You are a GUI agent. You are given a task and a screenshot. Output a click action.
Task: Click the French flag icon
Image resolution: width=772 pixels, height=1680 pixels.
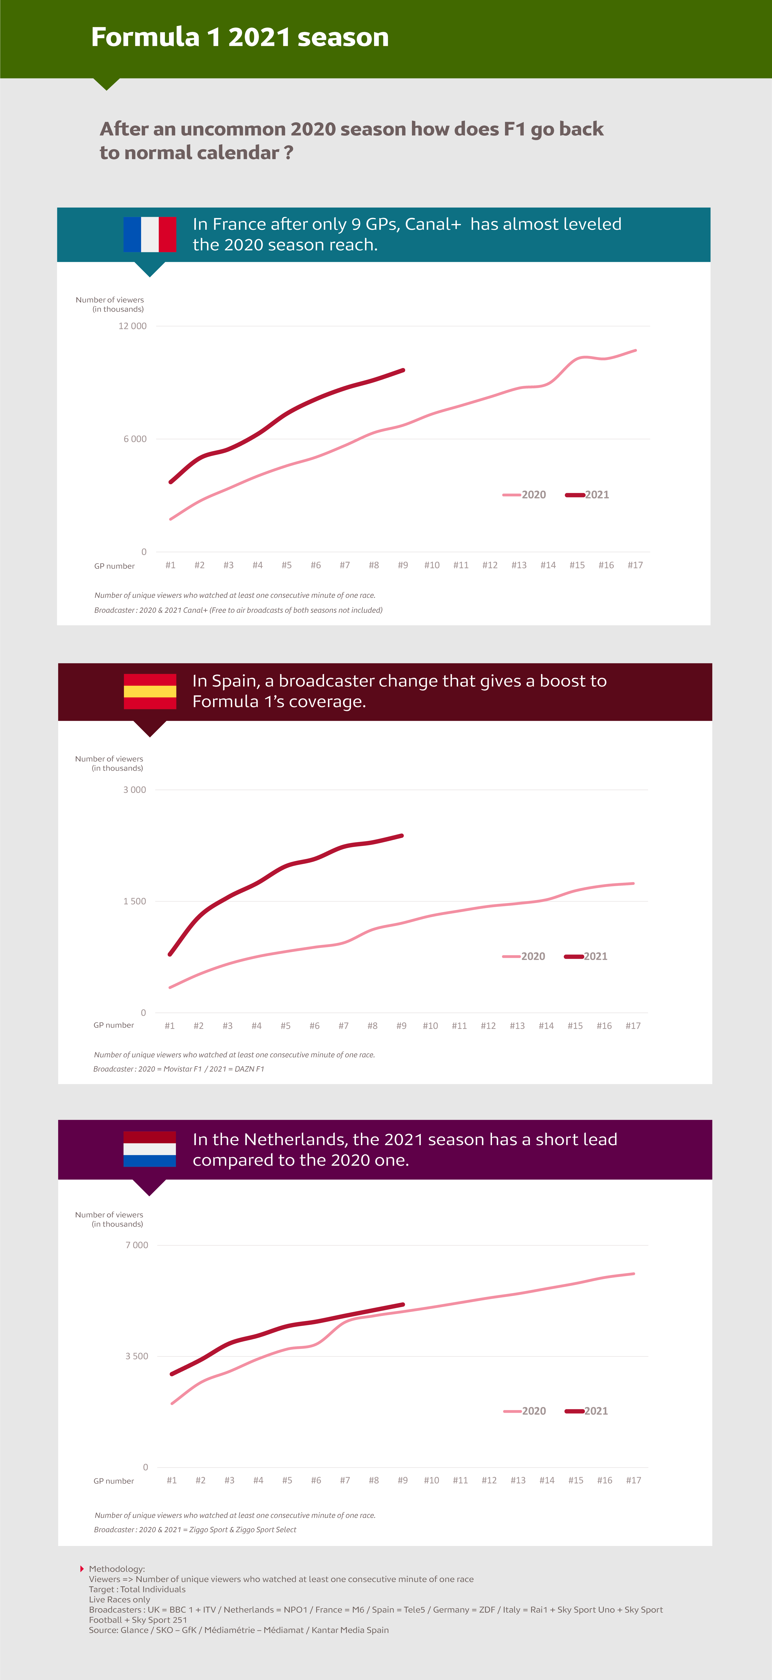[150, 234]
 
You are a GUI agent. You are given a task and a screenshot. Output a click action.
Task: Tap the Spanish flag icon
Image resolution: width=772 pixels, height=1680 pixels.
[150, 691]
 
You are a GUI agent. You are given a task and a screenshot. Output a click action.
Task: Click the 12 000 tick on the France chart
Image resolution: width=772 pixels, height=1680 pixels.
[132, 326]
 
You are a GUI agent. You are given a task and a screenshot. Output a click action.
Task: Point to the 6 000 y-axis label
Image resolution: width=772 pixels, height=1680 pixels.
[135, 439]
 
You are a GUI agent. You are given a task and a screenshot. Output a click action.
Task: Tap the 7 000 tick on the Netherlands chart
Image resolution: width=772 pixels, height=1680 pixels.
[137, 1245]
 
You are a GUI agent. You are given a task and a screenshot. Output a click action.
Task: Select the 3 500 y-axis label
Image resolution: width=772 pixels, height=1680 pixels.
[137, 1356]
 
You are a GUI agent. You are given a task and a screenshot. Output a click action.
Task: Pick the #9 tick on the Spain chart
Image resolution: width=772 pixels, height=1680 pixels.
[402, 1026]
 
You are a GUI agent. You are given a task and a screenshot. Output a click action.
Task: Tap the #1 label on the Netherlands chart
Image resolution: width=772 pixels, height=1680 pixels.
[171, 1480]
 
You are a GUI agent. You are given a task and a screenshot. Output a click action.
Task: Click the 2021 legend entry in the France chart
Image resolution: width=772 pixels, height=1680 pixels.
[587, 494]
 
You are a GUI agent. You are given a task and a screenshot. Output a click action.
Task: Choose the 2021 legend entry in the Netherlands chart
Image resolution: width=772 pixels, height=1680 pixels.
[586, 1411]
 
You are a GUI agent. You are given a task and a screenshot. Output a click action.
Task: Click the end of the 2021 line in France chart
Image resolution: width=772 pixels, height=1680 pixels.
[404, 370]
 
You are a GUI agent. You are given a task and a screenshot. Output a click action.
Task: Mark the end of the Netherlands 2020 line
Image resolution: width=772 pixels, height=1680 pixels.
[634, 1274]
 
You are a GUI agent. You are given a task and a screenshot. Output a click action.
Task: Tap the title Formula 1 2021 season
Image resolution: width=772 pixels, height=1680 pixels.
[240, 37]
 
